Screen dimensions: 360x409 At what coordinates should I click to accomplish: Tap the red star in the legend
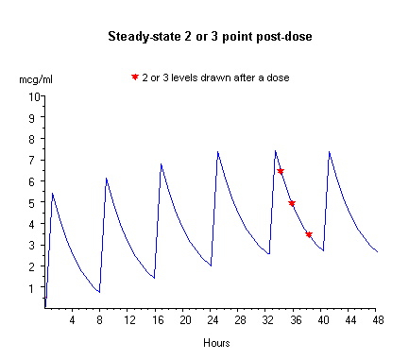pos(135,77)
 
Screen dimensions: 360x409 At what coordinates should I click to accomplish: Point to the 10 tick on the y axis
pos(34,96)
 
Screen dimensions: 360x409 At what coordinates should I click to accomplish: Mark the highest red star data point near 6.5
pos(281,171)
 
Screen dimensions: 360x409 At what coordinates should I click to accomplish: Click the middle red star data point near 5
pos(292,203)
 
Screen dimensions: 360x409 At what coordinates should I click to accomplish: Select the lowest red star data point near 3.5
pos(309,234)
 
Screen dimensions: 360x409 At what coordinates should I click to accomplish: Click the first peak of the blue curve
pos(52,194)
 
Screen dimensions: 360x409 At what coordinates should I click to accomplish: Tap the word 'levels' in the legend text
pos(185,77)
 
